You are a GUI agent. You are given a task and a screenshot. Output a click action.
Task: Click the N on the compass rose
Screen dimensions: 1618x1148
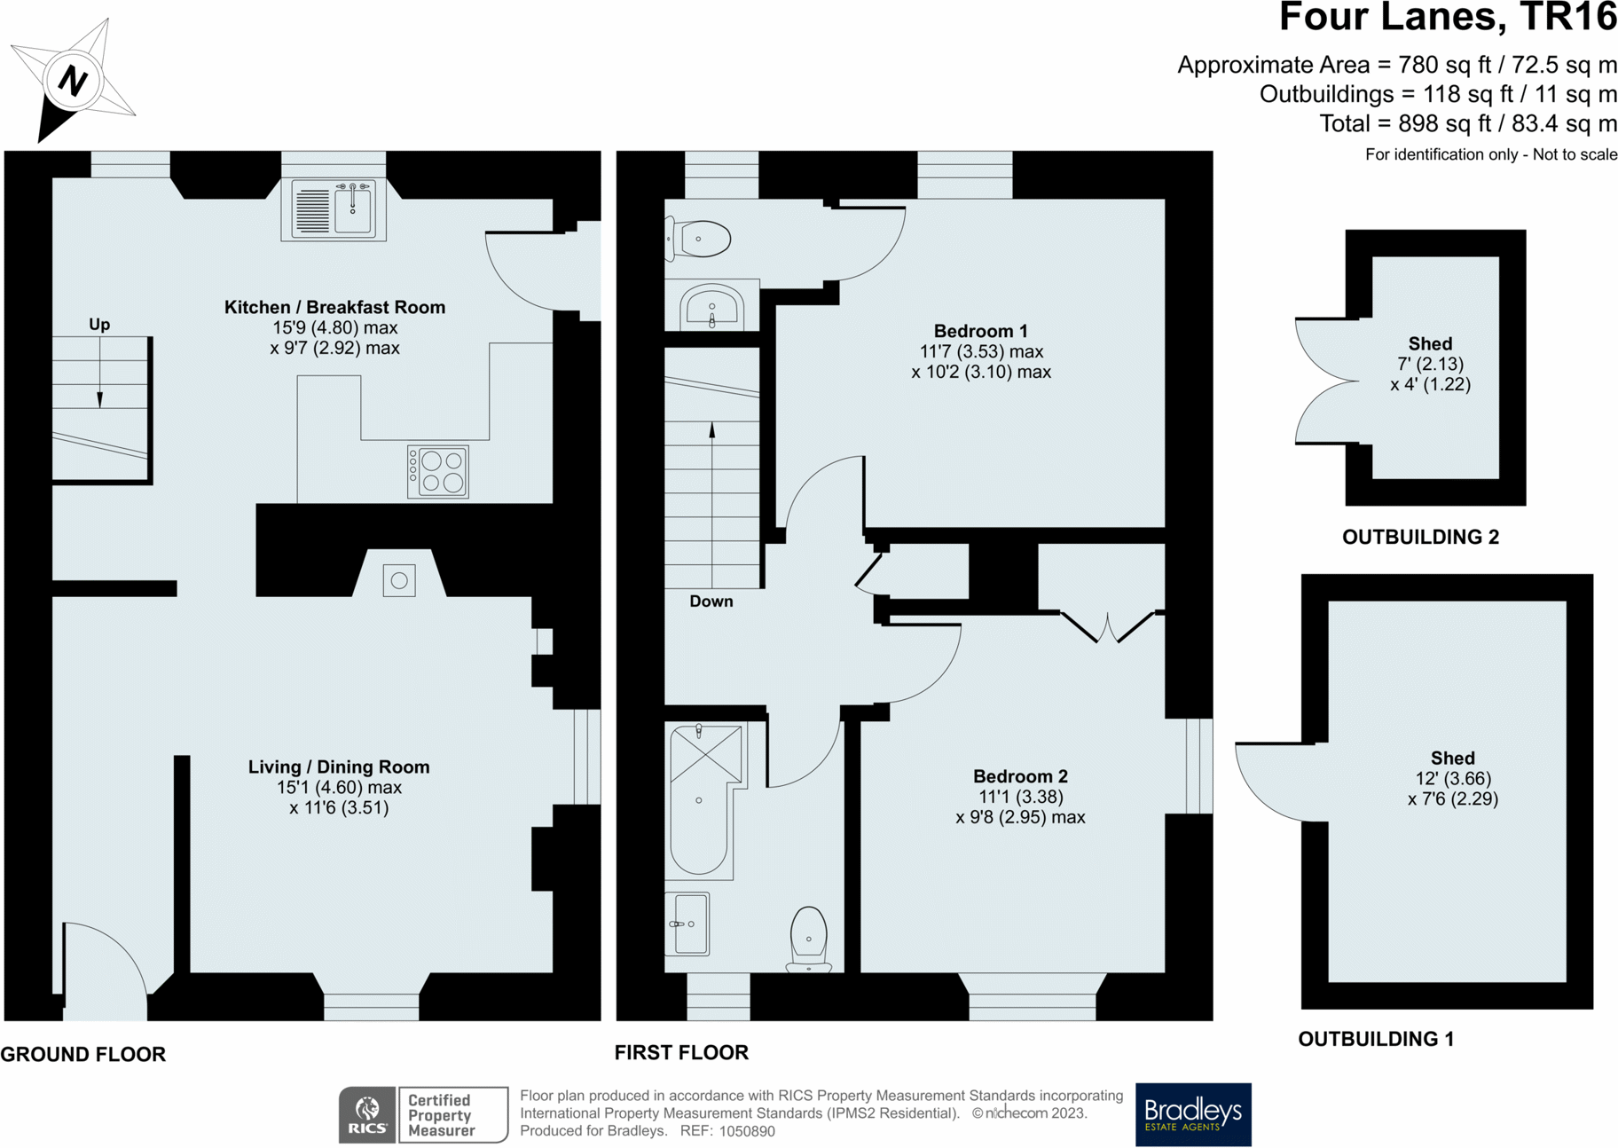pyautogui.click(x=73, y=82)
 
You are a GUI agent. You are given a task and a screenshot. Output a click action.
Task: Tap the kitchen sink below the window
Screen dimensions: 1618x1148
pyautogui.click(x=334, y=210)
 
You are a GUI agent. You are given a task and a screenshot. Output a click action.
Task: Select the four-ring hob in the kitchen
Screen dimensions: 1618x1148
pyautogui.click(x=438, y=472)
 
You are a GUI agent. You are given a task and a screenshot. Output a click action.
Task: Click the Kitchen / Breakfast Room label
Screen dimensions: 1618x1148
pyautogui.click(x=335, y=307)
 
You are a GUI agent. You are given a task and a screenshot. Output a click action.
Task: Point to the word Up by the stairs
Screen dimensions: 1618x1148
pyautogui.click(x=99, y=325)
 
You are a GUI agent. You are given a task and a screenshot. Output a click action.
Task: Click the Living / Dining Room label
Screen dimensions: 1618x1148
pyautogui.click(x=339, y=767)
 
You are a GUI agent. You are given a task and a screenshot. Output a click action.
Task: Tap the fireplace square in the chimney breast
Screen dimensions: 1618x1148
pyautogui.click(x=399, y=581)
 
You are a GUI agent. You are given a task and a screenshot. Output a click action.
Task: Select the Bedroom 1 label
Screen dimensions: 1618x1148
pyautogui.click(x=981, y=331)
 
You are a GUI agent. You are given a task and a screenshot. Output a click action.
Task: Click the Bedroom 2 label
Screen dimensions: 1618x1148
pyautogui.click(x=1021, y=776)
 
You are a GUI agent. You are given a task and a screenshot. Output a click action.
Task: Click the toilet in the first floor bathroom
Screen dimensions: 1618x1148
pyautogui.click(x=809, y=939)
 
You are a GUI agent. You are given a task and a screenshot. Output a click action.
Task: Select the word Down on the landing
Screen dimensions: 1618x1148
pyautogui.click(x=711, y=602)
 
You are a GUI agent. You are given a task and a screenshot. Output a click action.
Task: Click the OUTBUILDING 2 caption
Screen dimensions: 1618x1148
pyautogui.click(x=1420, y=537)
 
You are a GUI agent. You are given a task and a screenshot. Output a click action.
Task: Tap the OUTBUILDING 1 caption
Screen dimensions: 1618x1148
pyautogui.click(x=1376, y=1039)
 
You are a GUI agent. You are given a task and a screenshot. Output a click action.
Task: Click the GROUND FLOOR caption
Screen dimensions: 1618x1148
pyautogui.click(x=83, y=1054)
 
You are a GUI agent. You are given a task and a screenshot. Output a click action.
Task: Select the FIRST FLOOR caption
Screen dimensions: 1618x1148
pyautogui.click(x=681, y=1052)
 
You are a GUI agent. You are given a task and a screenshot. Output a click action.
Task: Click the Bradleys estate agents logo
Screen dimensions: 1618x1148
pyautogui.click(x=1193, y=1114)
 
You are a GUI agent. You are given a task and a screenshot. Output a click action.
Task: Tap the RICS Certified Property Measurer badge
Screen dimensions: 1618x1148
pyautogui.click(x=423, y=1115)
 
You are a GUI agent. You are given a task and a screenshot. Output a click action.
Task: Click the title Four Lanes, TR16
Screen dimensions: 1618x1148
pyautogui.click(x=1448, y=18)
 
